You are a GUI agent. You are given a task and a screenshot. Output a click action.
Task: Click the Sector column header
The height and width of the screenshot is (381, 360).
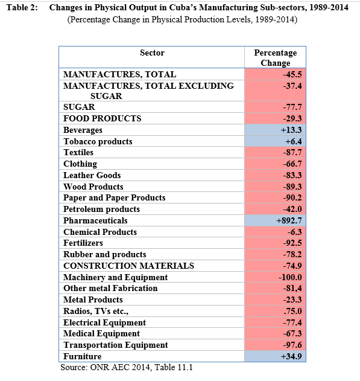pyautogui.click(x=152, y=53)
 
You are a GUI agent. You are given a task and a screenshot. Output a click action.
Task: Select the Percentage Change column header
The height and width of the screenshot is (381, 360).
pyautogui.click(x=276, y=57)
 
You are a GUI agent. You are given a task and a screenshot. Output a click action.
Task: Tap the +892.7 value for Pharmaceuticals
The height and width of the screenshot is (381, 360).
pyautogui.click(x=289, y=220)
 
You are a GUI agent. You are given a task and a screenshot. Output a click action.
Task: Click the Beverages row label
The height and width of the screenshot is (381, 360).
pyautogui.click(x=83, y=130)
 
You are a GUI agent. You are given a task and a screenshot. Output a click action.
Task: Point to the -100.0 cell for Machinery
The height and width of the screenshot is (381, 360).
pyautogui.click(x=290, y=277)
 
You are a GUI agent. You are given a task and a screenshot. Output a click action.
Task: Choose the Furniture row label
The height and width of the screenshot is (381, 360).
pyautogui.click(x=83, y=356)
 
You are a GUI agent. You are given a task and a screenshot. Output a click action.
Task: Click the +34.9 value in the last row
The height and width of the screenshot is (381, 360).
pyautogui.click(x=291, y=356)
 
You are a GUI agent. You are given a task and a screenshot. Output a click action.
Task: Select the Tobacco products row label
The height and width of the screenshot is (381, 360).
pyautogui.click(x=98, y=141)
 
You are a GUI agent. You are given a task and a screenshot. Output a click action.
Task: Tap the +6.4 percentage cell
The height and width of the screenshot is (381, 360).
pyautogui.click(x=293, y=141)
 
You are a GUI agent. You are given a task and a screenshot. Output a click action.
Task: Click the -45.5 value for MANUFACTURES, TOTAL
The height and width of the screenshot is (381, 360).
pyautogui.click(x=292, y=74)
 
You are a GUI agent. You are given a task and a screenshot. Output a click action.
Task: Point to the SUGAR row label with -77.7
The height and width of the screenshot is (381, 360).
pyautogui.click(x=79, y=107)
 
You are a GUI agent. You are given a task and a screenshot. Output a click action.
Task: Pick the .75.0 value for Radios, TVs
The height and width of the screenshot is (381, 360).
pyautogui.click(x=293, y=311)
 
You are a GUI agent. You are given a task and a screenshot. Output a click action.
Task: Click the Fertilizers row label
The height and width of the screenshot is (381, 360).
pyautogui.click(x=83, y=243)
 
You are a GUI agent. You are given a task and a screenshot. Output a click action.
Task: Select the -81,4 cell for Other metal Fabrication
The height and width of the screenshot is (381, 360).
pyautogui.click(x=292, y=288)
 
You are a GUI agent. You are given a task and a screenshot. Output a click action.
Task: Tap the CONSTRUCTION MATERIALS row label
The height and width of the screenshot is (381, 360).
pyautogui.click(x=128, y=266)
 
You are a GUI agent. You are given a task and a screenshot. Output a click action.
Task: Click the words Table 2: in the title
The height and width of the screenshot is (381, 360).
pyautogui.click(x=22, y=7)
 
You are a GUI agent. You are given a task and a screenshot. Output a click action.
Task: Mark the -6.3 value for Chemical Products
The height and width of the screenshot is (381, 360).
pyautogui.click(x=294, y=232)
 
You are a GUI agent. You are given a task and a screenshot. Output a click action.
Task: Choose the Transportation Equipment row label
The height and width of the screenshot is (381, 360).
pyautogui.click(x=115, y=345)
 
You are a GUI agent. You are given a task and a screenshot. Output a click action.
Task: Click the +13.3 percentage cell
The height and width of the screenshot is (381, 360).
pyautogui.click(x=291, y=130)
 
